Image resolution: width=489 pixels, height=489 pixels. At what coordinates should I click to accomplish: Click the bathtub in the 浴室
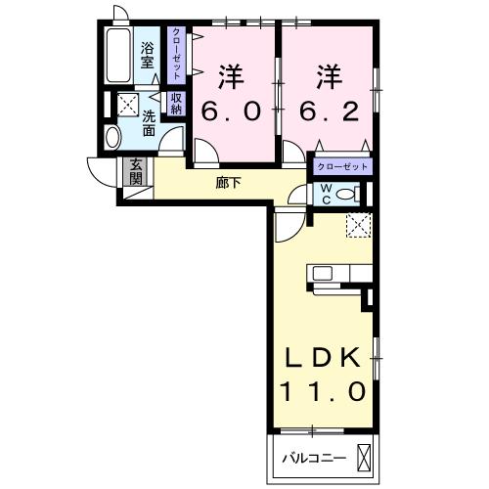pos(118,56)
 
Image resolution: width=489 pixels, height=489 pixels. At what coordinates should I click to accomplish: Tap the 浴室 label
pos(147,56)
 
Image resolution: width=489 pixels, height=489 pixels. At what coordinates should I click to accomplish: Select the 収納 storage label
pos(176,104)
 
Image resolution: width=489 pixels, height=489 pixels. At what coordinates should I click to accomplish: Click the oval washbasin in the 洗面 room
pos(112,137)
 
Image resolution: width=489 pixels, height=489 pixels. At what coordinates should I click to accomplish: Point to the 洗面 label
pos(149,123)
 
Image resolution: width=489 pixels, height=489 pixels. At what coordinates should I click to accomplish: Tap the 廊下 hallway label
pos(228,183)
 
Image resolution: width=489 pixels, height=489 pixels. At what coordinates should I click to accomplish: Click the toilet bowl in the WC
pos(344,195)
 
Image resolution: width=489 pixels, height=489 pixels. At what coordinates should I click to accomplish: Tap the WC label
pos(327,194)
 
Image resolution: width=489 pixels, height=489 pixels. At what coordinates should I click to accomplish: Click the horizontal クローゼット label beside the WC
pos(342,167)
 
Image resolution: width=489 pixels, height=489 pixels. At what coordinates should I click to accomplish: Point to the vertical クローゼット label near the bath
pos(176,54)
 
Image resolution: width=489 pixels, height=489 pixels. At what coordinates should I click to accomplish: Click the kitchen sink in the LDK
pos(323,273)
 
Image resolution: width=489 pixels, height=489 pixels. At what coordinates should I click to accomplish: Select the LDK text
pos(323,357)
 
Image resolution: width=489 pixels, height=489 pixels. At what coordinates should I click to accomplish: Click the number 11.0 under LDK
pos(322,391)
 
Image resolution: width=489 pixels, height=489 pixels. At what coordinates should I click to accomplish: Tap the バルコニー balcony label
pos(314,459)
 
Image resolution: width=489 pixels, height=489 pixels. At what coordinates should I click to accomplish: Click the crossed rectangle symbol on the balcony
pos(365,459)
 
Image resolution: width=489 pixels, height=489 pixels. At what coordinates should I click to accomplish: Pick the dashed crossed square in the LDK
pos(359,225)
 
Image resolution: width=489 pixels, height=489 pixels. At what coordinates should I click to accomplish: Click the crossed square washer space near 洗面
pos(128,105)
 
